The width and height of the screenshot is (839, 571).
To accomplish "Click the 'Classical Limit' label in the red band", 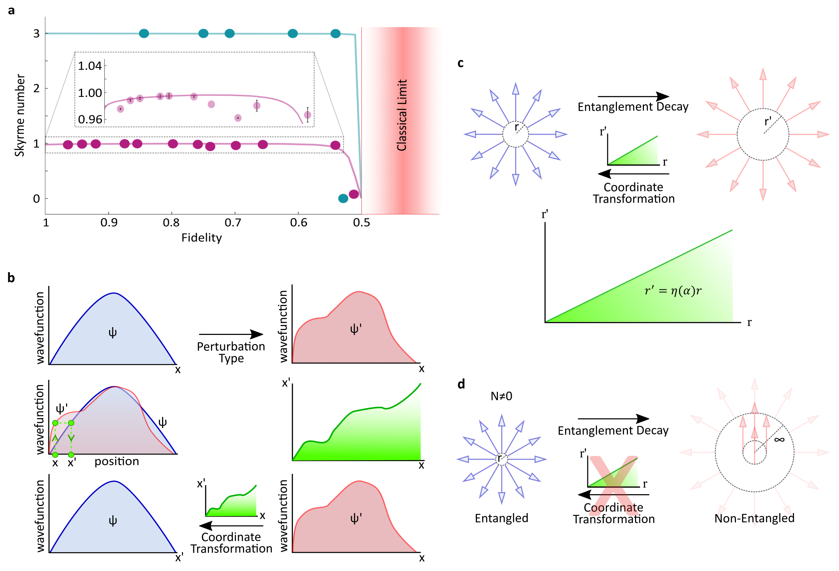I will pyautogui.click(x=402, y=115).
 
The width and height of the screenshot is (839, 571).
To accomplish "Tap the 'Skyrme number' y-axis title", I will pyautogui.click(x=20, y=115).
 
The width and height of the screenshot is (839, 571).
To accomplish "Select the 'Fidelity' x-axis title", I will pyautogui.click(x=201, y=238).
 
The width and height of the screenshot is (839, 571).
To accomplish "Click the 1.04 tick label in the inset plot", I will pyautogui.click(x=90, y=66).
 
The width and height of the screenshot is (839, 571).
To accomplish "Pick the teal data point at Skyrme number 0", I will pyautogui.click(x=343, y=198).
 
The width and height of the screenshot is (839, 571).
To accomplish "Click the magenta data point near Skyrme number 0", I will pyautogui.click(x=354, y=194).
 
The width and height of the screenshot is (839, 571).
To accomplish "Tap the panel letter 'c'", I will pyautogui.click(x=460, y=63).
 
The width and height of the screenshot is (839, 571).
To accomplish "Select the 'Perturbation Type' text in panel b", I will pyautogui.click(x=231, y=352).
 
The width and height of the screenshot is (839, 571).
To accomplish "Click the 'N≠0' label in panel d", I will pyautogui.click(x=501, y=396).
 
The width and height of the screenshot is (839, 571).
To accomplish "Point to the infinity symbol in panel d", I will pyautogui.click(x=779, y=439).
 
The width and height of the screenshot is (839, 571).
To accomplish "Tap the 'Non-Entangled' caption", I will pyautogui.click(x=754, y=518).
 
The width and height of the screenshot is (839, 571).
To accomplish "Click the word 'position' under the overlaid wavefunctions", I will pyautogui.click(x=117, y=461).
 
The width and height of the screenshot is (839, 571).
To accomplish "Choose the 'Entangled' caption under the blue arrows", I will pyautogui.click(x=501, y=518).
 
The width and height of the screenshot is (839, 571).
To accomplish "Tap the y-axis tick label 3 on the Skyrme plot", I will pyautogui.click(x=37, y=33).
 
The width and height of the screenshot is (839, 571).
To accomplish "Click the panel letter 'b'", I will pyautogui.click(x=11, y=278).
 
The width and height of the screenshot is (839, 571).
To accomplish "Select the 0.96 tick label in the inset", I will pyautogui.click(x=90, y=119).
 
